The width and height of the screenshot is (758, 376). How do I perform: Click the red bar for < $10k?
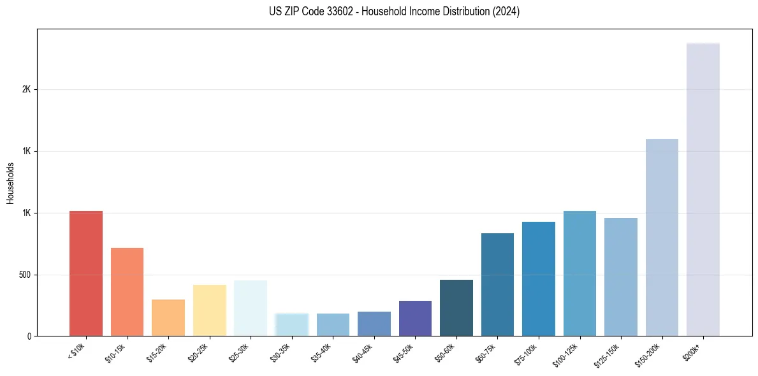(x=85, y=273)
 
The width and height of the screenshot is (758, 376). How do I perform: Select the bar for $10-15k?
(x=127, y=292)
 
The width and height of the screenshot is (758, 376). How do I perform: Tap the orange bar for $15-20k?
(x=168, y=317)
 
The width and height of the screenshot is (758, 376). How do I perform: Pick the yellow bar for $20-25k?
(x=209, y=310)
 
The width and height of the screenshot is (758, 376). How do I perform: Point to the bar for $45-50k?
(x=415, y=318)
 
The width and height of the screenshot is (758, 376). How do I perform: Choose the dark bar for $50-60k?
(x=456, y=308)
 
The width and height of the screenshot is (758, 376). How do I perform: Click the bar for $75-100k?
(x=538, y=278)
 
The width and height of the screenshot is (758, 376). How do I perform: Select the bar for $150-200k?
(x=662, y=237)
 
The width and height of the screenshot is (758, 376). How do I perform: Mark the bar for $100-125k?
(x=579, y=273)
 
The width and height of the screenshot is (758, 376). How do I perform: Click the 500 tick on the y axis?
(x=25, y=275)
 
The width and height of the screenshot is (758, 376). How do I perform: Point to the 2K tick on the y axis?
(x=27, y=90)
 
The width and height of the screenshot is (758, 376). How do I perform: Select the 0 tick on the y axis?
(x=29, y=336)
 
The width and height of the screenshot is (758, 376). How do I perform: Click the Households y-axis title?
(x=11, y=183)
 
